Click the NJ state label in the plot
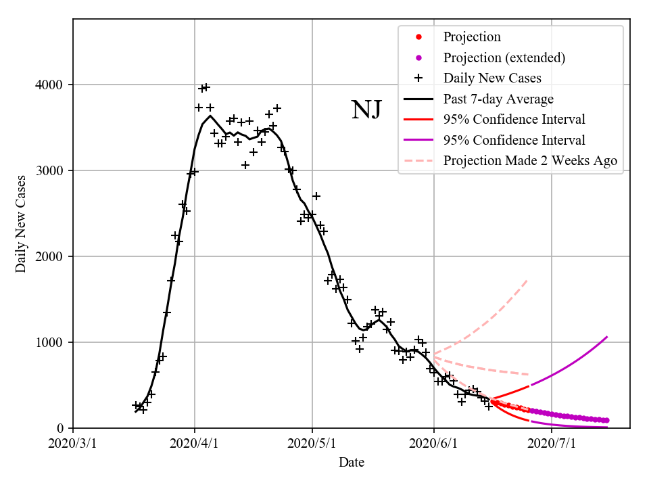click(x=366, y=110)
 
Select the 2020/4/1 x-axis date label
click(x=195, y=444)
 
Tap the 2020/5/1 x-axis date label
click(x=312, y=444)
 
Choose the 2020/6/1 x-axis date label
click(x=434, y=444)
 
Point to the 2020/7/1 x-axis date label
click(x=552, y=444)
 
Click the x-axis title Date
click(x=352, y=463)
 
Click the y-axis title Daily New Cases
click(x=21, y=223)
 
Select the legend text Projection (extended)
click(x=504, y=57)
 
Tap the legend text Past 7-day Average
click(x=498, y=99)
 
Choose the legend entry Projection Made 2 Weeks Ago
click(x=530, y=161)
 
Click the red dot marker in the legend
click(x=418, y=37)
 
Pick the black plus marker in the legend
click(x=418, y=78)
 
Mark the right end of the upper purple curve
click(x=607, y=337)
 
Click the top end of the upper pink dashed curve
click(x=527, y=280)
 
